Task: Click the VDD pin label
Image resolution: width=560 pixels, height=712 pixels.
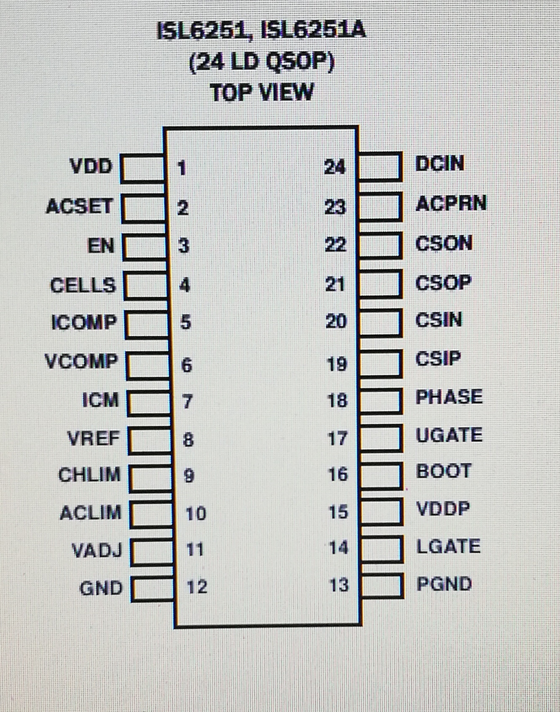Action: pos(91,166)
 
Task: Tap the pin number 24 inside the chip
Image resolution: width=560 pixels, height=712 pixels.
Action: pos(335,167)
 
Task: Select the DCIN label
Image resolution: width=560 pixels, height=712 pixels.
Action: pos(440,164)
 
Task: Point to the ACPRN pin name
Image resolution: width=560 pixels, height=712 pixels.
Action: pos(451,204)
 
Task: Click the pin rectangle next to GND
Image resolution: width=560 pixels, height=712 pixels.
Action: pos(152,588)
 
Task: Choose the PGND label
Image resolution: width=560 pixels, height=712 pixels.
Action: pos(444,584)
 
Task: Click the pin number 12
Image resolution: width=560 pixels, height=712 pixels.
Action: pos(197,587)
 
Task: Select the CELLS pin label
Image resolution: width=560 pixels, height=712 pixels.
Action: pos(83,285)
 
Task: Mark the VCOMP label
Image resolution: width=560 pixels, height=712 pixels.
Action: pos(81,362)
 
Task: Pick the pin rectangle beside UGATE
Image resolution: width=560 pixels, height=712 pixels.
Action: pos(380,438)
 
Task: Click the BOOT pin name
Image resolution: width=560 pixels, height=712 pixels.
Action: pos(444,471)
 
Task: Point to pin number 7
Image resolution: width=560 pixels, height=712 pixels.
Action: pos(188,401)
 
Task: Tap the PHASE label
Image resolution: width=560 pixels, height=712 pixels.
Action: pos(449,397)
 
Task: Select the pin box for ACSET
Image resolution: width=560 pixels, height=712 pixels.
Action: pos(143,208)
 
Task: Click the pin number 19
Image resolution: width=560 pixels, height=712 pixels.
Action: pos(337,364)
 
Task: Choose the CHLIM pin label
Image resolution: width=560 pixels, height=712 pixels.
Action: pos(89,475)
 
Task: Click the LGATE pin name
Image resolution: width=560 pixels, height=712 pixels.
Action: pos(448,547)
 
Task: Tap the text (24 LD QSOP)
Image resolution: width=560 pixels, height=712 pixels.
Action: pos(262,62)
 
